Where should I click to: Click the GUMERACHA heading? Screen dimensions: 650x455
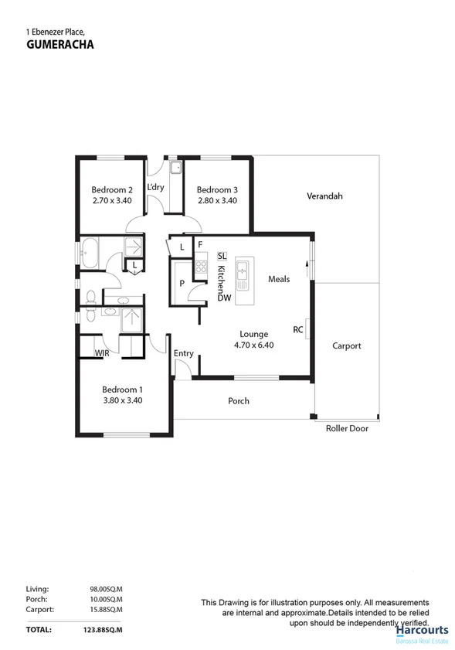point(59,45)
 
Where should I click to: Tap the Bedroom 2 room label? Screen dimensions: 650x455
point(112,189)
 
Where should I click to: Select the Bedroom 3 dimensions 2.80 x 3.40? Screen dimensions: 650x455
point(216,200)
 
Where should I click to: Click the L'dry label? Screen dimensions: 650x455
point(155,187)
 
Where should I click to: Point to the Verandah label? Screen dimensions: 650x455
point(324,196)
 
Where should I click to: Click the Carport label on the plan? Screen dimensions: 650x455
point(346,345)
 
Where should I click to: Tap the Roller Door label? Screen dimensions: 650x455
point(347,428)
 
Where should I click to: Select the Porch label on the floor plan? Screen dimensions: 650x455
point(239,401)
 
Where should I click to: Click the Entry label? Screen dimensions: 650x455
point(184,353)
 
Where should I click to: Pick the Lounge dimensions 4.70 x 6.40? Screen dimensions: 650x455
point(253,345)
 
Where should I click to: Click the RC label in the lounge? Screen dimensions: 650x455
point(297,329)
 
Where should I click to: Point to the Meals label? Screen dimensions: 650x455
point(279,279)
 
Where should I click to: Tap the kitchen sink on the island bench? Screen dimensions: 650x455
point(243,271)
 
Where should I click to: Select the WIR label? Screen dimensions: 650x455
point(101,352)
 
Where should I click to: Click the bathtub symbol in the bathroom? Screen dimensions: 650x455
point(89,253)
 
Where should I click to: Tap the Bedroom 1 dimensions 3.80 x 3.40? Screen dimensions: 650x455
point(123,400)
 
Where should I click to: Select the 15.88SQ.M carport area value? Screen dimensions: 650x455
point(106,610)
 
